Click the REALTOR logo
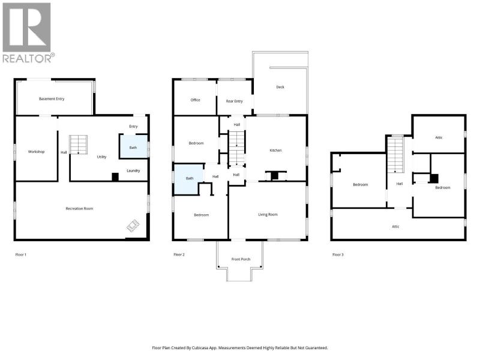(28, 32)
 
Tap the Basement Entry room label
(52, 99)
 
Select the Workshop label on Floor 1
(36, 152)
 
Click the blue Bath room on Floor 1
(133, 146)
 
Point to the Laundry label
(133, 170)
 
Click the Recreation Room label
(79, 209)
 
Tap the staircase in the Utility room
(79, 145)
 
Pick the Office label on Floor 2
(196, 100)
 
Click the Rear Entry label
(234, 101)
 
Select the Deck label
(280, 87)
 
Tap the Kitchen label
(275, 151)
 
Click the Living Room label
(268, 215)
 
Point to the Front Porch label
(241, 259)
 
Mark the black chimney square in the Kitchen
(275, 176)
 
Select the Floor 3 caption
(338, 254)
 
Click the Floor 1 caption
(21, 254)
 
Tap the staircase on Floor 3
(395, 155)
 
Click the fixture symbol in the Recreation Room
(133, 226)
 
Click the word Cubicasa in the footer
(200, 348)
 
